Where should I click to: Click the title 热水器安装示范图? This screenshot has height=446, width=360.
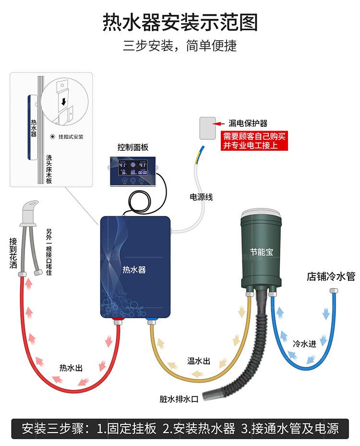tap(180, 23)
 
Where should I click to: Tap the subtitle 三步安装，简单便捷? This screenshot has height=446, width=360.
tap(180, 46)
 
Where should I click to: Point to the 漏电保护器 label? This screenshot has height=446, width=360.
tap(248, 123)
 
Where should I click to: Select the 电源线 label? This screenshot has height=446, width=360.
tap(201, 197)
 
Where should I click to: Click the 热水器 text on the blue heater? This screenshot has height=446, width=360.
tap(134, 270)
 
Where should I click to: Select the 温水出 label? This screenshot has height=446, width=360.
tap(199, 361)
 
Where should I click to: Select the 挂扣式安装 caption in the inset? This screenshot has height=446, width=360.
tap(71, 137)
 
